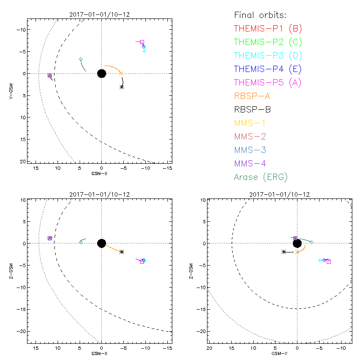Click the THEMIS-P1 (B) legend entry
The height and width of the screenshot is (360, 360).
coord(268,29)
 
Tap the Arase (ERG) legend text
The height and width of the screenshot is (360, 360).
coord(261,177)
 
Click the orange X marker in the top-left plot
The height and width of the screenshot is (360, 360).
coord(121,73)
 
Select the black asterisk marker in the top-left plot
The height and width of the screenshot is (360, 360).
coord(121,86)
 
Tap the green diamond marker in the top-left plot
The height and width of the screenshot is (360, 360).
coord(81,59)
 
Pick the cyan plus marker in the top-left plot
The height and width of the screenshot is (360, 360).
coord(144,51)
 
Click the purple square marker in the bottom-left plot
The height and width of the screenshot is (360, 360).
coord(50,238)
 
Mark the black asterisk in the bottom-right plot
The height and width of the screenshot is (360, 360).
coord(283,252)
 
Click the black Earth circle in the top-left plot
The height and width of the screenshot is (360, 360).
coord(101,73)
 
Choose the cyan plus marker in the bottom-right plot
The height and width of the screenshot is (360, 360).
coord(319,260)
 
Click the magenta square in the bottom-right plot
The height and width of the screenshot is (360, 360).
coord(328,261)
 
